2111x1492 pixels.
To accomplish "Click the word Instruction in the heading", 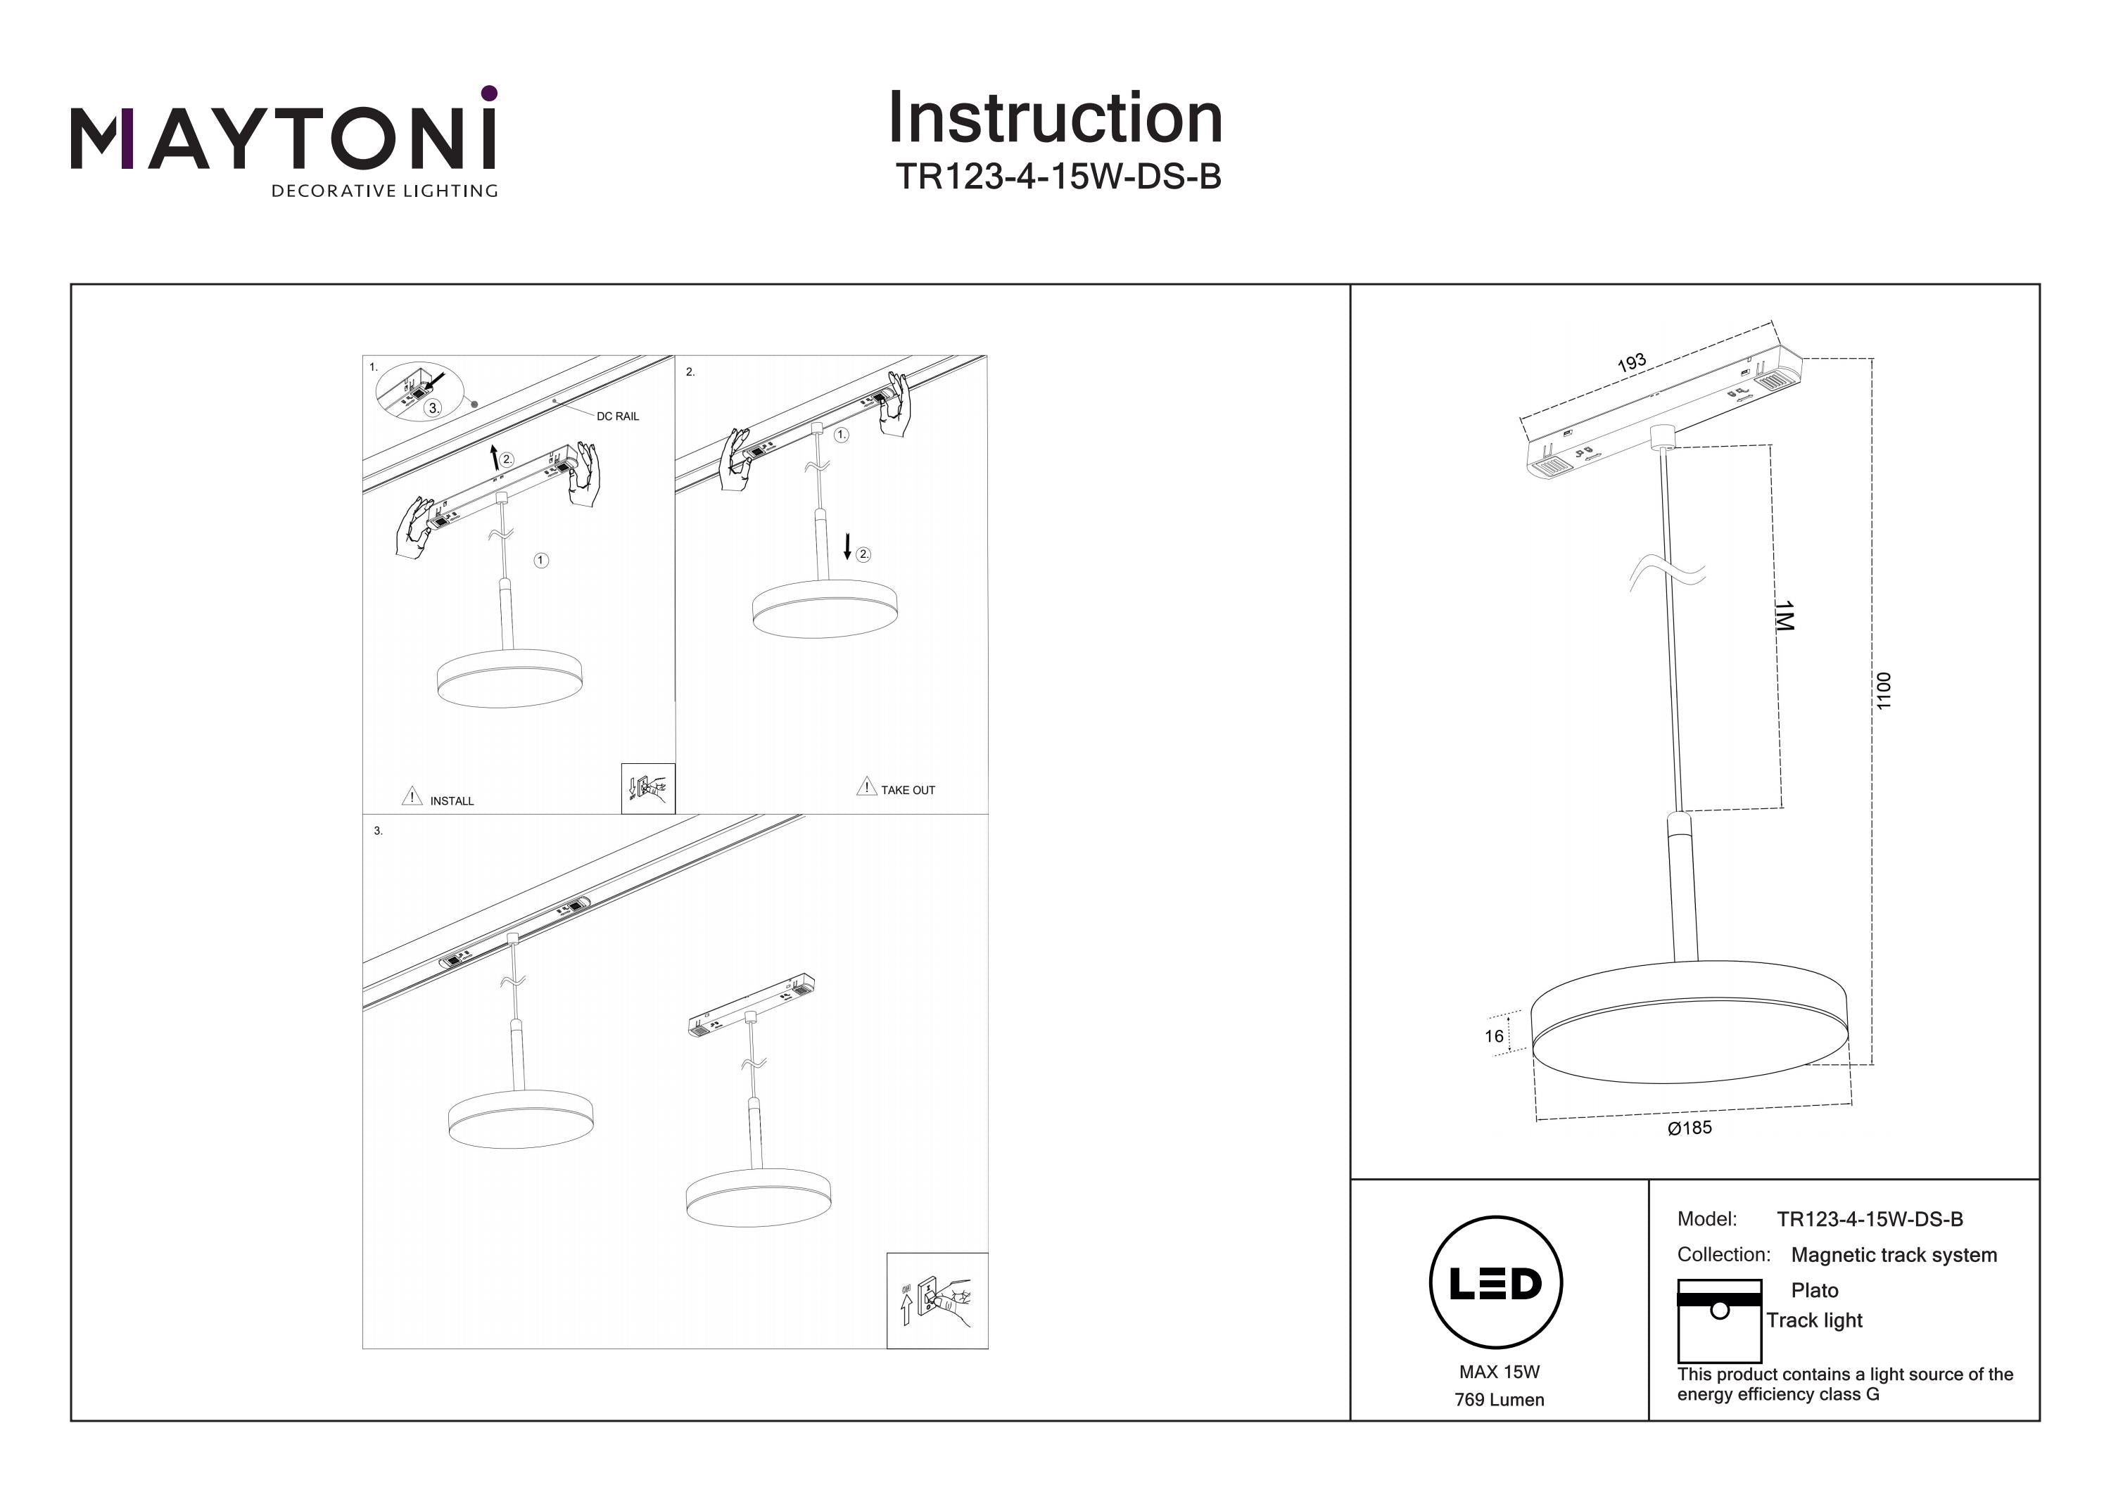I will click(x=1055, y=119).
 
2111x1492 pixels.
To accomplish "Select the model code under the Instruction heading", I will click(x=1058, y=177).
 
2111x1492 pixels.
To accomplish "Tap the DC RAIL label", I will click(x=617, y=416).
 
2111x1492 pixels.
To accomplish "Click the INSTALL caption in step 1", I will click(x=452, y=801).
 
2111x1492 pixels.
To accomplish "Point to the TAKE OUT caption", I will click(x=908, y=790).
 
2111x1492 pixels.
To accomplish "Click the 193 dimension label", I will click(x=1631, y=363).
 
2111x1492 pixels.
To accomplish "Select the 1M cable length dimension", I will click(x=1784, y=616).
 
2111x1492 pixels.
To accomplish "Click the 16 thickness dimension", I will click(x=1494, y=1036).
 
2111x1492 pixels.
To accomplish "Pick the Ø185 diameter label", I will click(x=1689, y=1128).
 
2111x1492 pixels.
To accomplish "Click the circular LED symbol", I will click(x=1496, y=1283).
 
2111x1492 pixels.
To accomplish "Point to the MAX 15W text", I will click(x=1499, y=1372).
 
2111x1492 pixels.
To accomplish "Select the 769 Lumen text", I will click(x=1499, y=1400).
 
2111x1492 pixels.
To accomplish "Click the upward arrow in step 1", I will click(x=495, y=457).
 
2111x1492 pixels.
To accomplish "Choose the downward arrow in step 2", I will click(x=847, y=547).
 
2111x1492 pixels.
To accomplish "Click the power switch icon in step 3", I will click(x=937, y=1301).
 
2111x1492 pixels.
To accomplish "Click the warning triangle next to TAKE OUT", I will click(x=866, y=787).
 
